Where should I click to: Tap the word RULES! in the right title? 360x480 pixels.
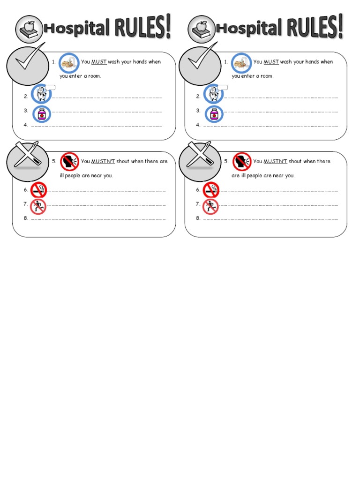point(315,27)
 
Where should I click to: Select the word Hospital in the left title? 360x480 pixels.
point(75,30)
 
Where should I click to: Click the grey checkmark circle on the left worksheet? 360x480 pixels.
point(27,65)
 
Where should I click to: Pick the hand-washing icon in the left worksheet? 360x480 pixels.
point(68,62)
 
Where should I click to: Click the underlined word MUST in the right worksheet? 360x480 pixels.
point(271,62)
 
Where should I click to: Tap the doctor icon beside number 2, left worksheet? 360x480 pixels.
point(41,94)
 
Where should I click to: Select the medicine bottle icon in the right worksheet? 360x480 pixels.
point(214,114)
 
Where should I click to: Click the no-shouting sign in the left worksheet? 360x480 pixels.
point(69,162)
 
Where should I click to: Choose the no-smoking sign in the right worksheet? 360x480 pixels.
point(211,190)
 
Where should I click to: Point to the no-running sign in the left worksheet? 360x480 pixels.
point(38,206)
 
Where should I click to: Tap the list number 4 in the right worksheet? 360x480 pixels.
point(198,125)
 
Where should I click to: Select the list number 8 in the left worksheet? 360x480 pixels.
point(26,218)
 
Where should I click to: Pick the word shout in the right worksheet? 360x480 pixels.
point(295,161)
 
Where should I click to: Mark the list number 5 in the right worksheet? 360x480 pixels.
point(226,161)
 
